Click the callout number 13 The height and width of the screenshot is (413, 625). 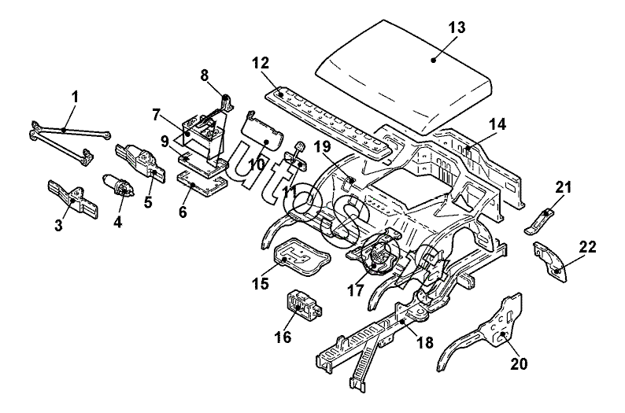[x=457, y=28]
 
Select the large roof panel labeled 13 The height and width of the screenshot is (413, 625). [x=401, y=75]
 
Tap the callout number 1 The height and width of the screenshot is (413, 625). [x=75, y=97]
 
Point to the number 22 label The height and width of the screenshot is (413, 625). [x=587, y=246]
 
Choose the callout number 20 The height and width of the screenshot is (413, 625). [x=519, y=364]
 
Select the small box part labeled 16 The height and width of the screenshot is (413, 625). [x=301, y=305]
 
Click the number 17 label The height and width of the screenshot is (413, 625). [x=356, y=289]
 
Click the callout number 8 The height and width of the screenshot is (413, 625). [x=204, y=76]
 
